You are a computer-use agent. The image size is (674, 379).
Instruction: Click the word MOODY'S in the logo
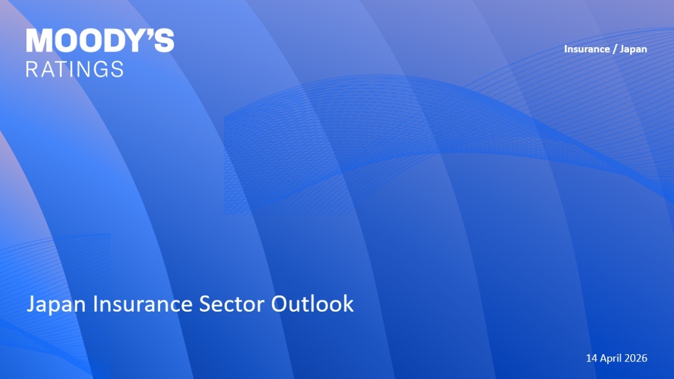point(100,40)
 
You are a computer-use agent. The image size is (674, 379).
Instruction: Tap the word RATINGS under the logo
point(75,69)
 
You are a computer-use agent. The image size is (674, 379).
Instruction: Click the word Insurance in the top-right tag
point(587,49)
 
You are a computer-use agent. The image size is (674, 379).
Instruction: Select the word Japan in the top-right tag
point(634,49)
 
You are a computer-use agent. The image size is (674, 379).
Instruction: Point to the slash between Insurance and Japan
point(614,49)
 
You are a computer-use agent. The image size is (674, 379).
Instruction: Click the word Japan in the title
point(56,304)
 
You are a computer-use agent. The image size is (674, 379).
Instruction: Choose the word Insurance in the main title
point(143,304)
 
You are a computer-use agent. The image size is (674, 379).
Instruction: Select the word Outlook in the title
point(312,303)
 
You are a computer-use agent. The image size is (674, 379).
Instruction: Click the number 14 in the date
point(591,358)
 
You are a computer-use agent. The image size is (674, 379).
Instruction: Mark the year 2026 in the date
point(636,358)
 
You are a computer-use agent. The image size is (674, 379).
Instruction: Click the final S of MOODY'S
point(163,40)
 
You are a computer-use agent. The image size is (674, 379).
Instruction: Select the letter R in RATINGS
point(31,69)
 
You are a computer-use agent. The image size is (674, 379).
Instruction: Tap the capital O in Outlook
point(280,304)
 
